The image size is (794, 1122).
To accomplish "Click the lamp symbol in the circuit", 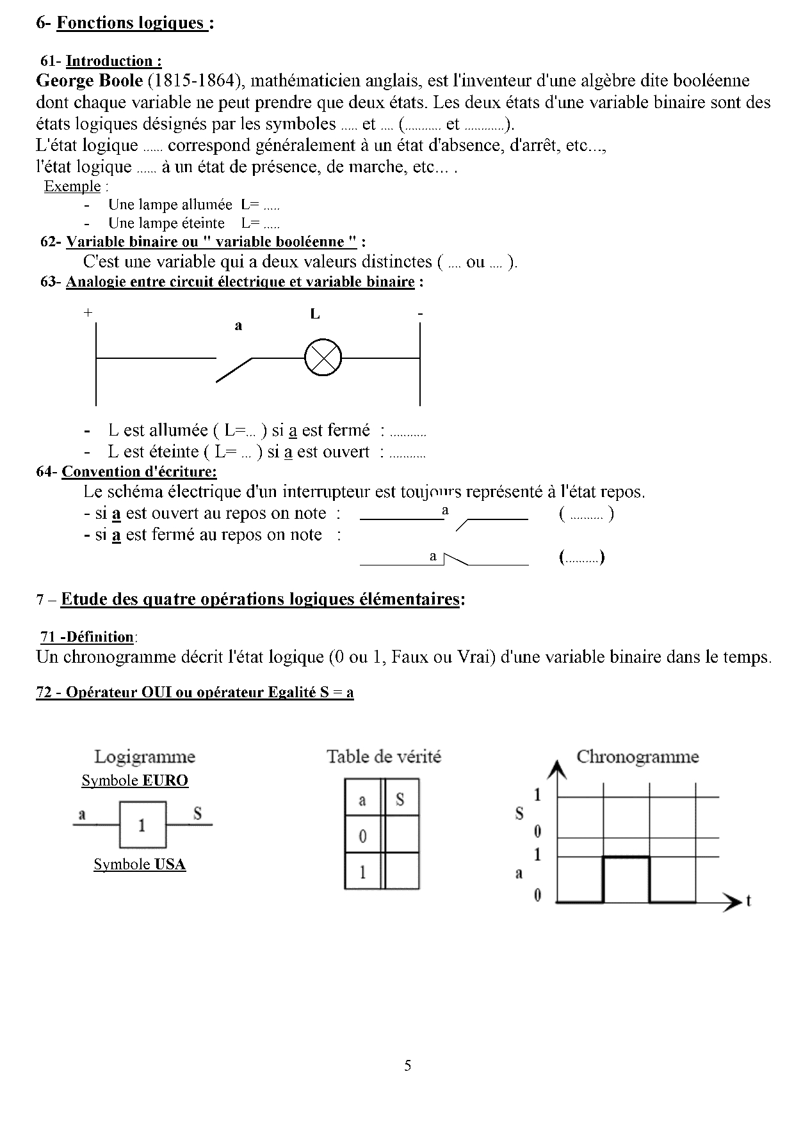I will click(x=323, y=358).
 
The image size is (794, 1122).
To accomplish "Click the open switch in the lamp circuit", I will click(x=234, y=370).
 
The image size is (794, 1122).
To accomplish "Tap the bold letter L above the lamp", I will click(x=315, y=314).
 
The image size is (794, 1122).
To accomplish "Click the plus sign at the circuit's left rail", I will click(x=88, y=313).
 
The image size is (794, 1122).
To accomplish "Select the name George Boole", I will click(x=90, y=81).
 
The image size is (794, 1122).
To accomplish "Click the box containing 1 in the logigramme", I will click(x=142, y=825).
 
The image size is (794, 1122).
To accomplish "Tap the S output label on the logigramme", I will click(x=197, y=813).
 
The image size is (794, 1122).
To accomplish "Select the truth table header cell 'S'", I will click(x=400, y=799).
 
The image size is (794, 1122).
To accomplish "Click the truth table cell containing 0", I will click(x=362, y=836).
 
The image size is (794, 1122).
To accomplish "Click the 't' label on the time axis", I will click(x=748, y=901).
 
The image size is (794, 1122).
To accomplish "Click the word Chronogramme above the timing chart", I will click(x=637, y=757).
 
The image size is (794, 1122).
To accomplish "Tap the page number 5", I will click(x=408, y=1066).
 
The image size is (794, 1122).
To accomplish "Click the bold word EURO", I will click(x=165, y=780).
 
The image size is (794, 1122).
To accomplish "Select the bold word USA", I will click(x=170, y=864).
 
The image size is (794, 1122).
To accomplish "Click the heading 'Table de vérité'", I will click(x=384, y=757).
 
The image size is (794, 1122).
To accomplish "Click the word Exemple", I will click(x=72, y=187).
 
